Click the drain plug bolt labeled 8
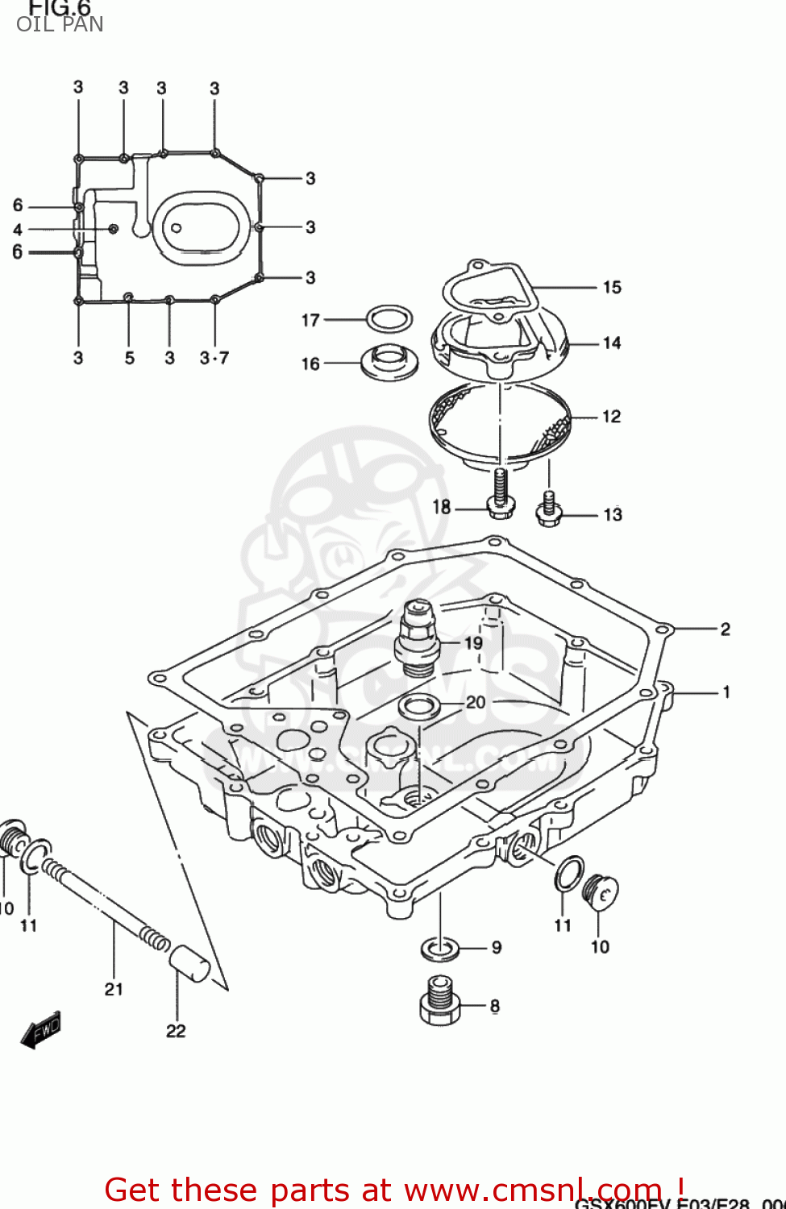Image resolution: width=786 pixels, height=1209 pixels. (439, 1002)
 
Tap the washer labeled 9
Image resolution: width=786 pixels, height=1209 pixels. (440, 949)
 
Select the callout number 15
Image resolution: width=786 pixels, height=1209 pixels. (612, 287)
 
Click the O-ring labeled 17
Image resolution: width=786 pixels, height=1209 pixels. (389, 319)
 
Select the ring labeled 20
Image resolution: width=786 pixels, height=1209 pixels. (419, 707)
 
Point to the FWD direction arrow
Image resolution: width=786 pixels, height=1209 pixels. (41, 1031)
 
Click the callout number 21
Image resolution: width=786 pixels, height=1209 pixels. (114, 989)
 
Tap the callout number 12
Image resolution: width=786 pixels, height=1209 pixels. (612, 416)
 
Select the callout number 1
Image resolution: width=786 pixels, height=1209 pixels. (726, 692)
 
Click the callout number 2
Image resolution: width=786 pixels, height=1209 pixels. (725, 629)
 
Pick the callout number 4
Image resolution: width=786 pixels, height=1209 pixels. (18, 230)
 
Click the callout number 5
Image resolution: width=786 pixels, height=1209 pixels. (129, 358)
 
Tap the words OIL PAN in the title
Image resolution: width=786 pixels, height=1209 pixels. (60, 24)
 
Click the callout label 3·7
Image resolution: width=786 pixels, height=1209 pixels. (214, 358)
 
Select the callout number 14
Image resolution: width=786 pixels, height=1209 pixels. (612, 343)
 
